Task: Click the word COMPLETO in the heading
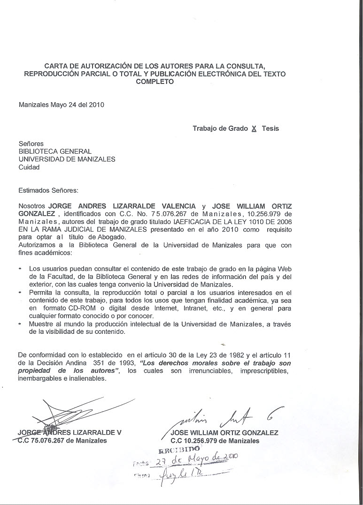[x=154, y=82]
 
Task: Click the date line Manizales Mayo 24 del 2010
[x=62, y=105]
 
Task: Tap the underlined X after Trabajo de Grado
[x=254, y=128]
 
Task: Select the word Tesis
[x=270, y=128]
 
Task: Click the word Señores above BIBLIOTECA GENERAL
[x=31, y=143]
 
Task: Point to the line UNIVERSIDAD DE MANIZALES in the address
[x=67, y=159]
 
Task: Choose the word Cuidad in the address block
[x=29, y=167]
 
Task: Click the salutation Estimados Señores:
[x=48, y=190]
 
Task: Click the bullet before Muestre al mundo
[x=20, y=324]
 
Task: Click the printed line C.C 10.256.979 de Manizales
[x=215, y=441]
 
